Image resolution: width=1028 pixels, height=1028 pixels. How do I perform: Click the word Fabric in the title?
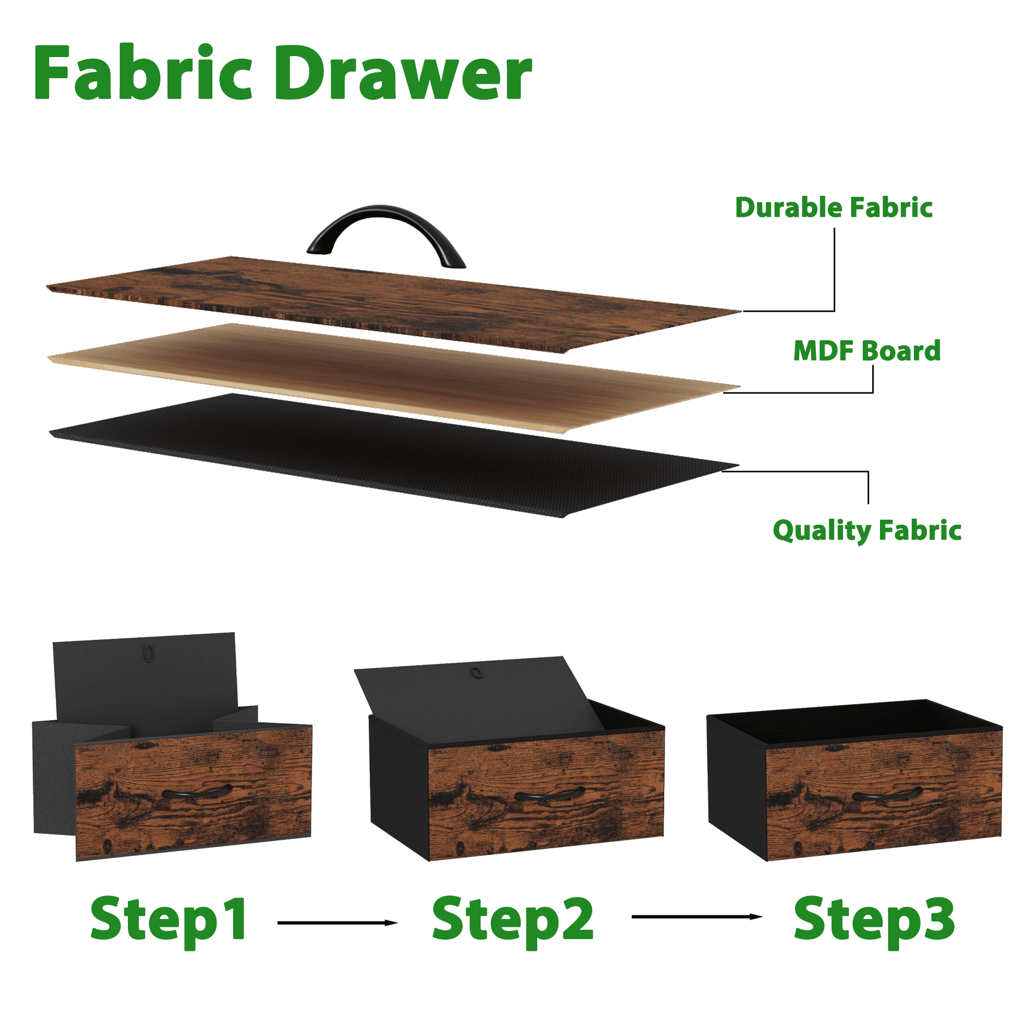point(143,72)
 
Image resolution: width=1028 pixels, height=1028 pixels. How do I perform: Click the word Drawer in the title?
point(403,73)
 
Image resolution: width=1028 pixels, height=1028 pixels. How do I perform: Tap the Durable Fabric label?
point(833,208)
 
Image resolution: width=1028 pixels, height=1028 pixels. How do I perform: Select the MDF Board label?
point(867,351)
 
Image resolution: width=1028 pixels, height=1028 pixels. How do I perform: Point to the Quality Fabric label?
point(867,530)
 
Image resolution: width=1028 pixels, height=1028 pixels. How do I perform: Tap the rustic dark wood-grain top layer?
point(394,303)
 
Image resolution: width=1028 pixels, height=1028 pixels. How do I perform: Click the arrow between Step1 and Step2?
point(338,923)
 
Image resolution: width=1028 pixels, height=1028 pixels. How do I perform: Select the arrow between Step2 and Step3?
point(697,916)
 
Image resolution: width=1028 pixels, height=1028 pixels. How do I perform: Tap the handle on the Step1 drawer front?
point(198,792)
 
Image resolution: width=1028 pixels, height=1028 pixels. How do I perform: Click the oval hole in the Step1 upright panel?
point(149,652)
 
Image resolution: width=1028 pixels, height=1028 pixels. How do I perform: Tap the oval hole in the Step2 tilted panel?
point(476,673)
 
